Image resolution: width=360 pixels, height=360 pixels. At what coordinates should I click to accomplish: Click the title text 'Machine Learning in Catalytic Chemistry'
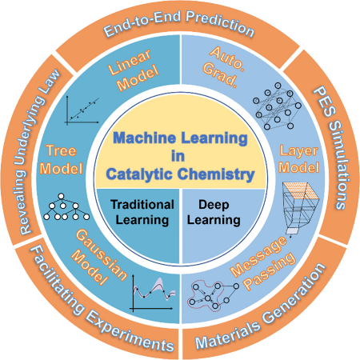(180, 156)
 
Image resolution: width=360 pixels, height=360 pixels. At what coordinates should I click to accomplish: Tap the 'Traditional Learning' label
(142, 212)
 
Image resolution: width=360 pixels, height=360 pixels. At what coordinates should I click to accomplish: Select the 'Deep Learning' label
(214, 212)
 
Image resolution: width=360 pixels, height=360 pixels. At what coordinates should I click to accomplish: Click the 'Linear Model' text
(134, 70)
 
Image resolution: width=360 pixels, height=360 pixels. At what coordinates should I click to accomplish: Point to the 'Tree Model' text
(61, 160)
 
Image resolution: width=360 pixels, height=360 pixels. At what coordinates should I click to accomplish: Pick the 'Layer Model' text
(298, 159)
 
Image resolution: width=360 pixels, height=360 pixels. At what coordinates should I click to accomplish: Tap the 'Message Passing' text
(263, 263)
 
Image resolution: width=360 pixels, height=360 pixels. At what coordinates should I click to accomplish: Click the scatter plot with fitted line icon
(82, 110)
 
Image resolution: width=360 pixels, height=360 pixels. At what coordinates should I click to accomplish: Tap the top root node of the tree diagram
(61, 196)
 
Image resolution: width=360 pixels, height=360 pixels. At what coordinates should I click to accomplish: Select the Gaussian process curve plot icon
(153, 294)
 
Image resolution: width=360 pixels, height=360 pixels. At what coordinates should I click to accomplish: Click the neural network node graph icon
(277, 106)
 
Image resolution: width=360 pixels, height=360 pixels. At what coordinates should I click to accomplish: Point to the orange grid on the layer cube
(302, 191)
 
